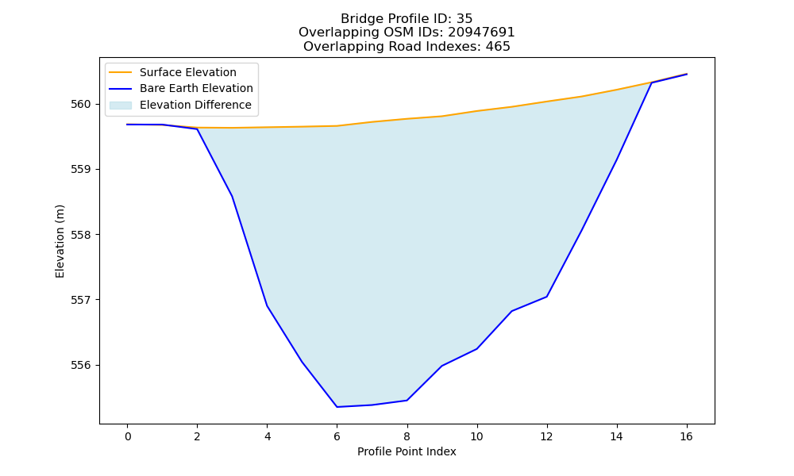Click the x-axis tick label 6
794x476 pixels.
337,436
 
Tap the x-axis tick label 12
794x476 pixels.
547,436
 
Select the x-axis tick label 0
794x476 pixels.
128,436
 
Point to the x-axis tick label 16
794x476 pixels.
686,436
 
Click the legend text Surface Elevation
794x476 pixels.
188,72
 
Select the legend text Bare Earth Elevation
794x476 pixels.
196,88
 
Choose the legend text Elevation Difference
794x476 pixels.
195,105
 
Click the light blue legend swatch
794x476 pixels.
121,106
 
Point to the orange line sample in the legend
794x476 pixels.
121,72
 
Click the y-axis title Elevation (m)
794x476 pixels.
60,241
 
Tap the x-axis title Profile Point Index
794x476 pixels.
407,451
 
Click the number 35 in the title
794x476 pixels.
464,19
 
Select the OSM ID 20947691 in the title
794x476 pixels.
481,33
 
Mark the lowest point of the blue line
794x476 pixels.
337,407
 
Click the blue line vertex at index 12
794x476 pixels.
547,297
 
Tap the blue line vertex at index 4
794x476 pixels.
267,305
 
